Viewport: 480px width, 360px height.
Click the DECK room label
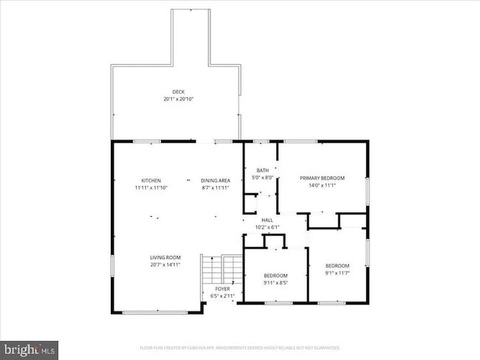pyautogui.click(x=178, y=92)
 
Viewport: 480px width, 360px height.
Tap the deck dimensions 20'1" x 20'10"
pyautogui.click(x=178, y=99)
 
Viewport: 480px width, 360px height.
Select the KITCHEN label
pyautogui.click(x=151, y=181)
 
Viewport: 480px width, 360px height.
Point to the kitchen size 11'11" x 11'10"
pyautogui.click(x=151, y=188)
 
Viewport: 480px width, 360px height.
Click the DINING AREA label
pyautogui.click(x=216, y=181)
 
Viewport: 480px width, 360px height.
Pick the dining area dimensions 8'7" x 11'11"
pyautogui.click(x=216, y=188)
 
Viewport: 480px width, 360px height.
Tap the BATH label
pyautogui.click(x=262, y=170)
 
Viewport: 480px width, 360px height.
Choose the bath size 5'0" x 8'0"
pyautogui.click(x=262, y=178)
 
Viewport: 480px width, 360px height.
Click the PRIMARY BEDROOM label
pyautogui.click(x=322, y=178)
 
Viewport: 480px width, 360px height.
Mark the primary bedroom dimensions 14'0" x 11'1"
pyautogui.click(x=322, y=185)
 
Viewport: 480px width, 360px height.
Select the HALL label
pyautogui.click(x=267, y=220)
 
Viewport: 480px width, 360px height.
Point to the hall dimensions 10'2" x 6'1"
pyautogui.click(x=267, y=226)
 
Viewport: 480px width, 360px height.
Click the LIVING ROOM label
pyautogui.click(x=165, y=257)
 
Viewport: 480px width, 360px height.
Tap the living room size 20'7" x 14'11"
pyautogui.click(x=165, y=264)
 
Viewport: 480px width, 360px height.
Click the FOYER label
pyautogui.click(x=222, y=288)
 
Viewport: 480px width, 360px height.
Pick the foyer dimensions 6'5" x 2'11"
pyautogui.click(x=222, y=296)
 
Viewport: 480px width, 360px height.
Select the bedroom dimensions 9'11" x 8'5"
pyautogui.click(x=275, y=283)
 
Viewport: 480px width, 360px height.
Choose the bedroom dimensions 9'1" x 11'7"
pyautogui.click(x=337, y=272)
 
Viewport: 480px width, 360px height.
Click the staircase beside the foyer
pyautogui.click(x=222, y=269)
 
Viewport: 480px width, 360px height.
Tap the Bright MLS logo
pyautogui.click(x=30, y=347)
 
